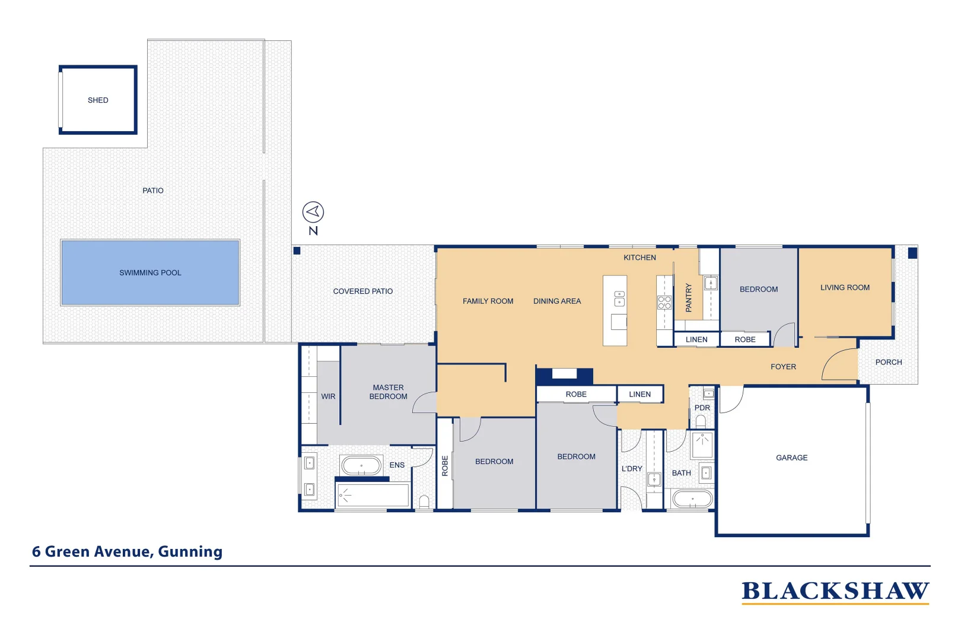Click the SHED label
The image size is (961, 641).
98,100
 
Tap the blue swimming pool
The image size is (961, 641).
150,272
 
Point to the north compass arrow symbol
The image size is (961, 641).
313,212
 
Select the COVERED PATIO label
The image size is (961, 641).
362,291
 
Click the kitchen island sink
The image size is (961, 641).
619,298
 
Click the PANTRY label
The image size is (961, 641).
689,297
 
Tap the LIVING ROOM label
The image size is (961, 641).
845,287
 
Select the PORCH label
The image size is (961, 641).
888,362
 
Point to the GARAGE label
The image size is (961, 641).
791,458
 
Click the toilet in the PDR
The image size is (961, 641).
701,421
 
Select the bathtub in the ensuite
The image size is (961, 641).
361,465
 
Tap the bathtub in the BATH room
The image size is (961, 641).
692,499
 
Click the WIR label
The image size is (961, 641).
328,396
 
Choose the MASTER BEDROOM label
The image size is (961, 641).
388,392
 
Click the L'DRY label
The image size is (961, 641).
632,468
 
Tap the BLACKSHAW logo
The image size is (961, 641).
835,592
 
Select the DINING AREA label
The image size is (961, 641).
556,302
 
